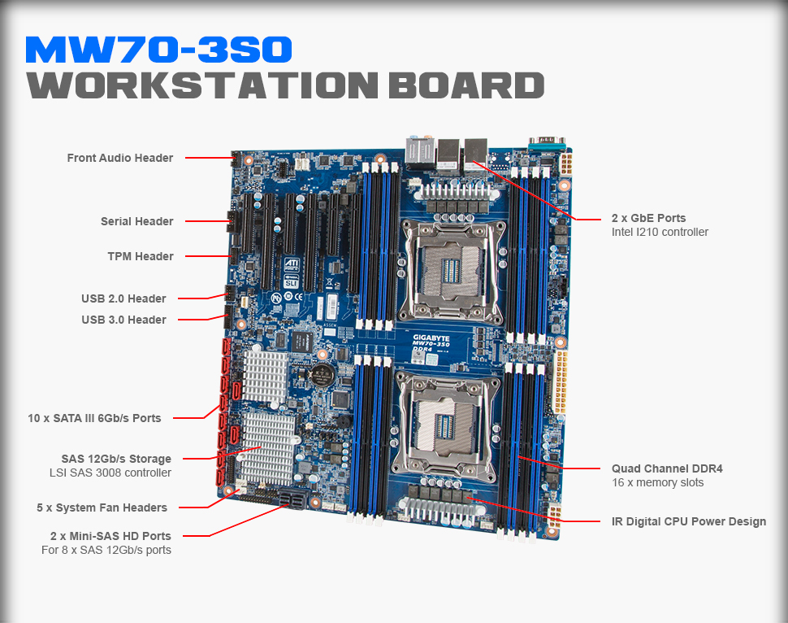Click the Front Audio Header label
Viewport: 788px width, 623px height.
pyautogui.click(x=120, y=158)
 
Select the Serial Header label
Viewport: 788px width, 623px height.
pyautogui.click(x=136, y=221)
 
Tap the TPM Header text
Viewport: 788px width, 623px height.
pyautogui.click(x=141, y=256)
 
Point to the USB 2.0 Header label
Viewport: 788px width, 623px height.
pyautogui.click(x=123, y=298)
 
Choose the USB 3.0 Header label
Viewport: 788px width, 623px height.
pyautogui.click(x=123, y=320)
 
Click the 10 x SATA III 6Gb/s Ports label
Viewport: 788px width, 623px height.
pyautogui.click(x=94, y=418)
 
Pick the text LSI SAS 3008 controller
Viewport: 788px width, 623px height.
pyautogui.click(x=110, y=473)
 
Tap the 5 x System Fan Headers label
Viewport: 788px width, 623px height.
pyautogui.click(x=102, y=508)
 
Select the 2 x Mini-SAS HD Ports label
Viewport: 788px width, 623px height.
pyautogui.click(x=110, y=536)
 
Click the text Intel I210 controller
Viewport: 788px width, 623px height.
pyautogui.click(x=660, y=232)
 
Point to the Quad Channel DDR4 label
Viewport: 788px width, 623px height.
pyautogui.click(x=667, y=468)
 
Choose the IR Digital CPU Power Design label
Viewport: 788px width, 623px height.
pyautogui.click(x=689, y=521)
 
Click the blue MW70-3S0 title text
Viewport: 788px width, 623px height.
pyautogui.click(x=158, y=50)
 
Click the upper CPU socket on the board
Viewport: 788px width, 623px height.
pyautogui.click(x=451, y=272)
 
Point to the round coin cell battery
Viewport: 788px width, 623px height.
pyautogui.click(x=322, y=374)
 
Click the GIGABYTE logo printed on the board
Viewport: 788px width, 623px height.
pyautogui.click(x=431, y=338)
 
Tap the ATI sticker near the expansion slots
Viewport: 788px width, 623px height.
pyautogui.click(x=292, y=264)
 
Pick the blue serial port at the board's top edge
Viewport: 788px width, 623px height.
pyautogui.click(x=546, y=143)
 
